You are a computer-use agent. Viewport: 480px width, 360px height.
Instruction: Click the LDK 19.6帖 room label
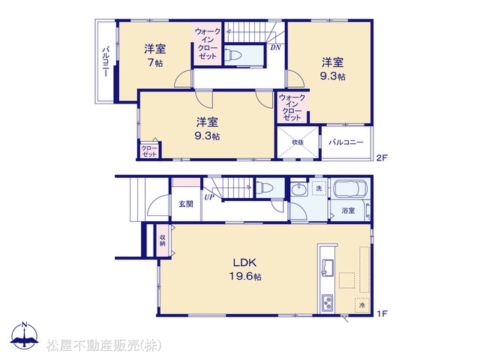click(x=245, y=269)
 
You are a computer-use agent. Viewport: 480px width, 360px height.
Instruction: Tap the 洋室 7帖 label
click(x=155, y=55)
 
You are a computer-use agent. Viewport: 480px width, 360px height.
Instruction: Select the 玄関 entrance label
click(x=186, y=204)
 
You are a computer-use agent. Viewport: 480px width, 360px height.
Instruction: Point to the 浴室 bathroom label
click(x=348, y=211)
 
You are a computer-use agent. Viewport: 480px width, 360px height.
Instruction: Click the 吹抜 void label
click(x=298, y=142)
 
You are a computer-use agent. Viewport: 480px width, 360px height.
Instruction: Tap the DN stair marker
click(x=275, y=47)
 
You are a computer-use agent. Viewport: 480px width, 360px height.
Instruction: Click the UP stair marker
click(x=209, y=197)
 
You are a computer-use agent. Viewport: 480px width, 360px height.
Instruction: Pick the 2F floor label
click(x=382, y=158)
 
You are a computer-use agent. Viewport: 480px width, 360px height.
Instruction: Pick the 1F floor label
click(x=382, y=313)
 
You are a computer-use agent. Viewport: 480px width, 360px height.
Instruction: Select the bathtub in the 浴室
click(x=350, y=188)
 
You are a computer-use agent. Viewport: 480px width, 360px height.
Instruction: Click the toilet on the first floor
click(x=264, y=187)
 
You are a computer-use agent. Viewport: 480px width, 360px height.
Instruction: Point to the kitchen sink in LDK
click(x=328, y=267)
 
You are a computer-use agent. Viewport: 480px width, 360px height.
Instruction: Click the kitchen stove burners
click(x=328, y=303)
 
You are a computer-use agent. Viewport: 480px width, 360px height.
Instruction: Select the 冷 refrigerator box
click(x=362, y=305)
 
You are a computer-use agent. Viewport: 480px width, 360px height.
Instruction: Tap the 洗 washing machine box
click(x=319, y=188)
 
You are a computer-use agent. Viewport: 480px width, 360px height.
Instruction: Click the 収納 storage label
click(x=162, y=240)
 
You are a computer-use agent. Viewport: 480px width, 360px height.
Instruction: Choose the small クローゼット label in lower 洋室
click(x=149, y=151)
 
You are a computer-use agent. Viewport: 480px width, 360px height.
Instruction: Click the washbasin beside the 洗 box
click(x=299, y=189)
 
